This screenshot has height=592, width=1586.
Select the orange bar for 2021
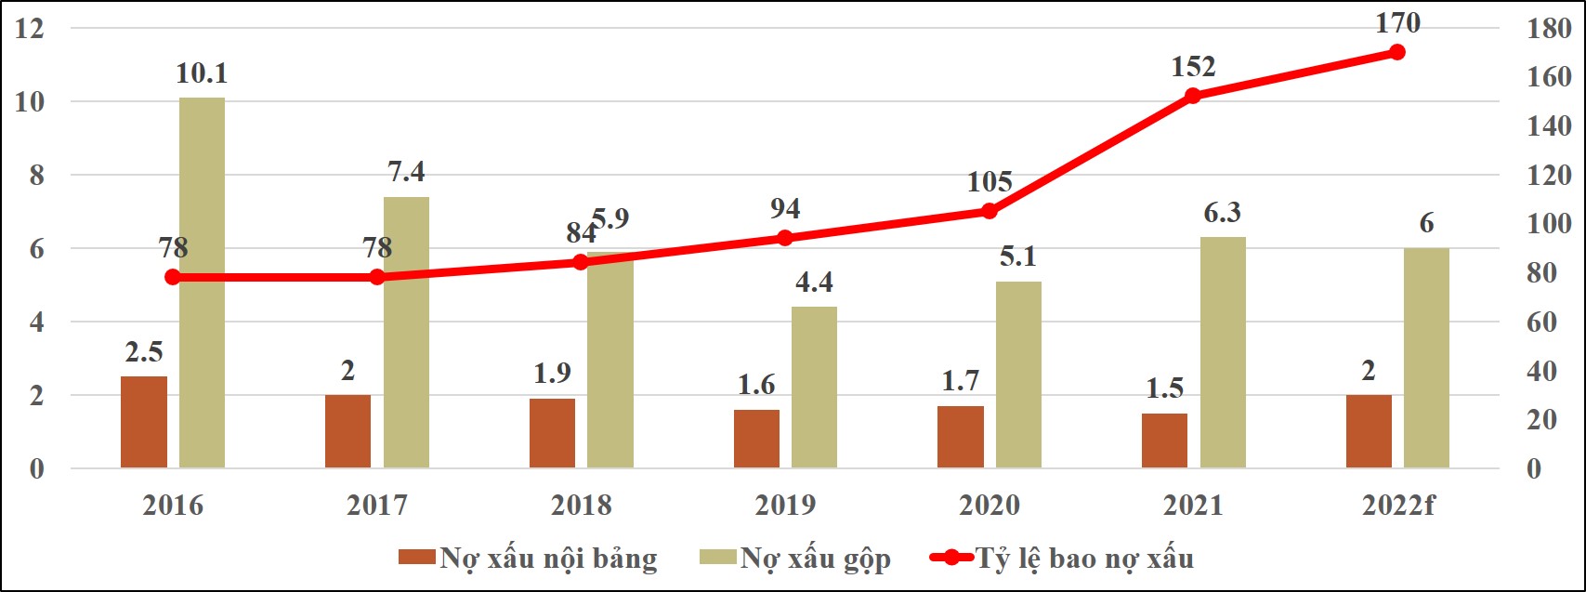tap(1164, 441)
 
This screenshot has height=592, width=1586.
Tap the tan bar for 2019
tap(814, 387)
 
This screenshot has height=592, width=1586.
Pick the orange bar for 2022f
tap(1369, 431)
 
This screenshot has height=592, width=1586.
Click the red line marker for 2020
tap(990, 211)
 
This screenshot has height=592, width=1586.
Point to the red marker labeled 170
tap(1397, 52)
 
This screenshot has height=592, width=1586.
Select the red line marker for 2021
tap(1194, 96)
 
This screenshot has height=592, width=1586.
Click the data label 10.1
tap(202, 73)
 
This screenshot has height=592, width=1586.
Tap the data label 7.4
tap(406, 172)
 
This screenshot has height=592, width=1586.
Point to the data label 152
tap(1193, 67)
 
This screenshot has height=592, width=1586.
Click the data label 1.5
tap(1164, 388)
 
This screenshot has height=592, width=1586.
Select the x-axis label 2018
tap(582, 506)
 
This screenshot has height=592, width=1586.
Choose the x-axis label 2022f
tap(1398, 506)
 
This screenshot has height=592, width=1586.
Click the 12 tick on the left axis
tap(31, 28)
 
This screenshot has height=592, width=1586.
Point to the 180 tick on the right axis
tap(1550, 29)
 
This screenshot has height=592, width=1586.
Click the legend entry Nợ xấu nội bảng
tap(529, 559)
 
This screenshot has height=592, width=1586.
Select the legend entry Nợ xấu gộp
tap(795, 559)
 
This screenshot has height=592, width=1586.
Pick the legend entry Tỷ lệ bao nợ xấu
tap(1062, 559)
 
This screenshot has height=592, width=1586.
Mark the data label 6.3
tap(1222, 213)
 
